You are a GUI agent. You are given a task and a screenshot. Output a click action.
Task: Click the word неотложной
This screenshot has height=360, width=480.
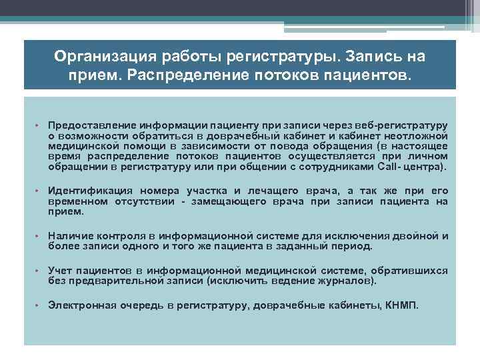[419, 135]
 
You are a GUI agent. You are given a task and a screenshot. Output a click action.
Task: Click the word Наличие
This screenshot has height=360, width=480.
[69, 236]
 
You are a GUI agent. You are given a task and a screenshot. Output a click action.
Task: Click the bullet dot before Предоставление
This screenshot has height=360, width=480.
[39, 125]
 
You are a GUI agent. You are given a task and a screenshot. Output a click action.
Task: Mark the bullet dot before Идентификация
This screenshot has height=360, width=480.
[39, 190]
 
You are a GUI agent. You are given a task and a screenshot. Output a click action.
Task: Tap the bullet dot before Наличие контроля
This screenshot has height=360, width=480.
[39, 236]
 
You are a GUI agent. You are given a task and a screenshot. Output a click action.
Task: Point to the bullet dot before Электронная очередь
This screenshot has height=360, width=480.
[39, 305]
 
